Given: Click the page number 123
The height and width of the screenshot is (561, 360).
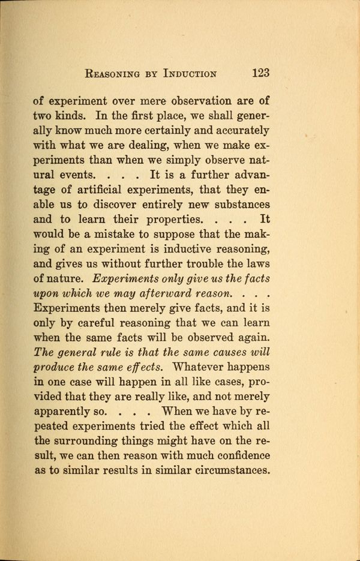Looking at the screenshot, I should (x=260, y=73).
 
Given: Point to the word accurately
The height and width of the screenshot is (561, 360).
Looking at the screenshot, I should (x=235, y=130).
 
